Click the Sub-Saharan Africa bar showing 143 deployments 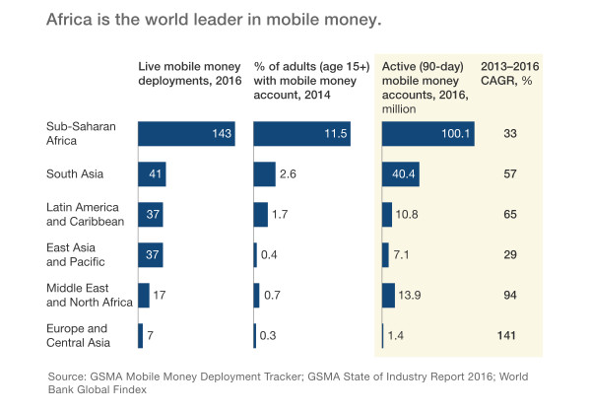pos(186,133)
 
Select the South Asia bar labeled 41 pos(152,174)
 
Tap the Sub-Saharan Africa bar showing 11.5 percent pos(301,133)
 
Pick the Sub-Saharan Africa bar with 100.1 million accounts pos(428,133)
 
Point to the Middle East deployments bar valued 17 pos(144,295)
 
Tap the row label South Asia pos(75,174)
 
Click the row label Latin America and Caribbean pos(83,215)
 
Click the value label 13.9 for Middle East pos(412,295)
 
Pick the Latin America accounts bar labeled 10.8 pos(386,215)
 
